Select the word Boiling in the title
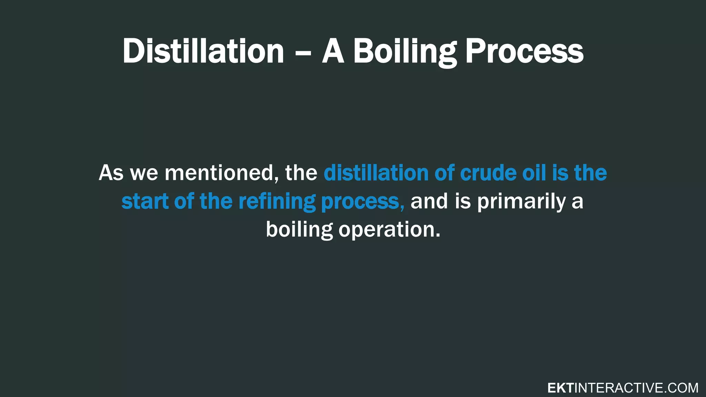point(405,52)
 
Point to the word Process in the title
point(524,52)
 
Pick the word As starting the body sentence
point(111,173)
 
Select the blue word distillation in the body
point(376,173)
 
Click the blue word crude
point(488,173)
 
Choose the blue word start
point(145,201)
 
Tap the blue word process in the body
point(362,202)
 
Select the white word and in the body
point(429,201)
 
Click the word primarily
point(521,202)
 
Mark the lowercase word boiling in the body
point(299,230)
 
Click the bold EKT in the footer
point(560,388)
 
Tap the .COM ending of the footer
point(680,388)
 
